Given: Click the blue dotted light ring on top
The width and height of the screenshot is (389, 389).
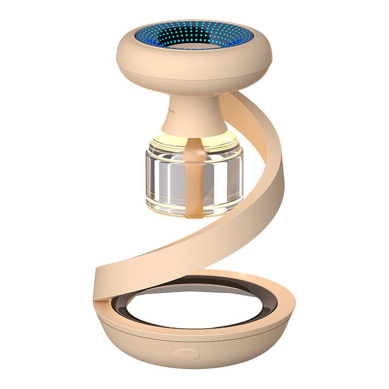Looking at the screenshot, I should (160, 36).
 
